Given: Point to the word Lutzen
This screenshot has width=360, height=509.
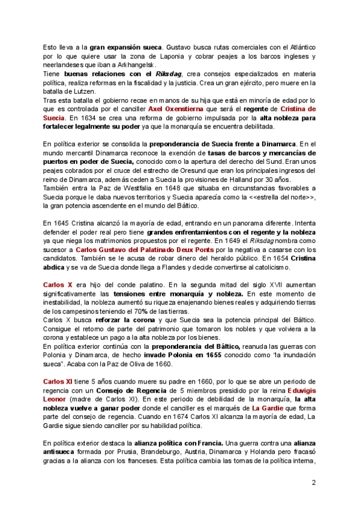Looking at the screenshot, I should point(94,91).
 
